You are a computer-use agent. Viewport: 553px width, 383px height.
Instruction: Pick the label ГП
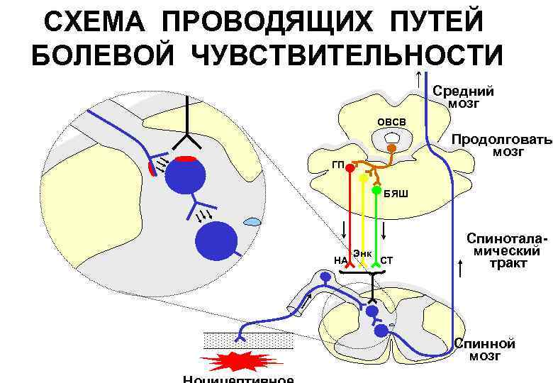point(337,165)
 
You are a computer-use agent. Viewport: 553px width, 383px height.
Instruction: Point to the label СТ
point(386,260)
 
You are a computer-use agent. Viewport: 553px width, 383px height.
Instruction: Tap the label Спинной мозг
point(486,350)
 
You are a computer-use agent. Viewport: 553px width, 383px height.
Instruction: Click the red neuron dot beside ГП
point(350,169)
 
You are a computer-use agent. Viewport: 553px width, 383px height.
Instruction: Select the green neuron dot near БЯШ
point(376,189)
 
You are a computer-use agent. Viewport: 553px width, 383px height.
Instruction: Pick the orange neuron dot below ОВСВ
point(391,149)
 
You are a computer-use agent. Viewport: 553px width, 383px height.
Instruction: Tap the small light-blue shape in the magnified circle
point(252,223)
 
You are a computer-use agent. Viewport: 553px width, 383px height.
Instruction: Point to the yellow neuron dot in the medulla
point(363,179)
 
